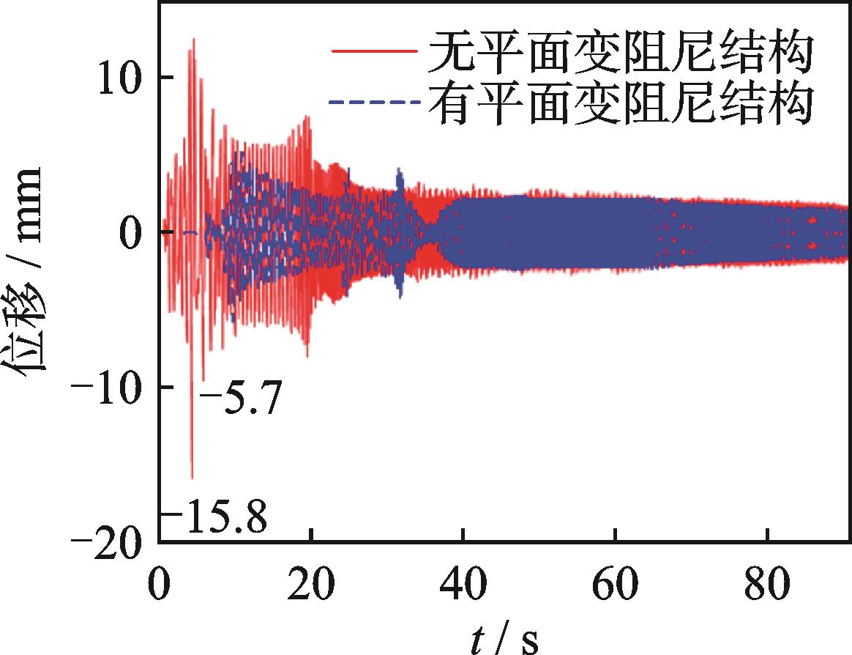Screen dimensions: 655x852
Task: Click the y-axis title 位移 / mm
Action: (29, 270)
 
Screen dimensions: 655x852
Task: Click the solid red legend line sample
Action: (373, 52)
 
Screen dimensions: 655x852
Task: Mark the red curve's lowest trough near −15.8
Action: (192, 477)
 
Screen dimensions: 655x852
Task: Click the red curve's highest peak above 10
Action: (193, 40)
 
